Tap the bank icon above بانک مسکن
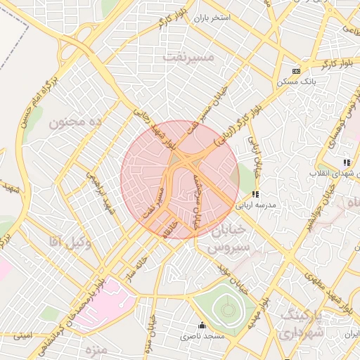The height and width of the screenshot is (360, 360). (296, 71)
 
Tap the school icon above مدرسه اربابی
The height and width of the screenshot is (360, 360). (256, 194)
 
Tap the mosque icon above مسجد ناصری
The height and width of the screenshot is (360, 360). (202, 326)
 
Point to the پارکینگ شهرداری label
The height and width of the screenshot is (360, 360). (302, 324)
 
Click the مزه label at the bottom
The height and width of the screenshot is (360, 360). (95, 349)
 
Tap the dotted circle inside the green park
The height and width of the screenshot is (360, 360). (227, 307)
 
